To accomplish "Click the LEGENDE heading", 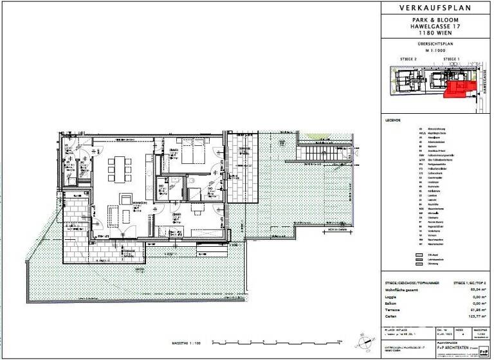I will [x=393, y=120].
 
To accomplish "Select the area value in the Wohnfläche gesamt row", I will [x=475, y=289].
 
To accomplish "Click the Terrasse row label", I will [x=393, y=310].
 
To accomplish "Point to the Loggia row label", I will [x=392, y=296].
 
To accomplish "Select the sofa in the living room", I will [x=113, y=213].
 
